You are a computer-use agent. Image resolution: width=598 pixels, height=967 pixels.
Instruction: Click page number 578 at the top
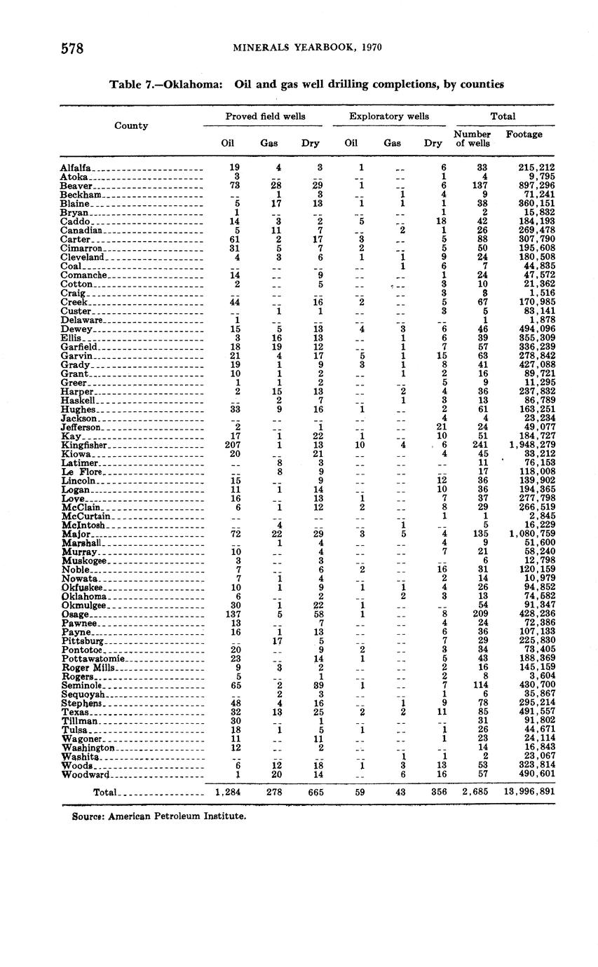72,48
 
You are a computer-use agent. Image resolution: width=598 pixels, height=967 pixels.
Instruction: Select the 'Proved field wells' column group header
265,116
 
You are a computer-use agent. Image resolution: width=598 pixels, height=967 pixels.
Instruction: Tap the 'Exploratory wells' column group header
389,116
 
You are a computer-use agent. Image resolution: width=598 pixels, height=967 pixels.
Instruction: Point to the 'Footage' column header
524,134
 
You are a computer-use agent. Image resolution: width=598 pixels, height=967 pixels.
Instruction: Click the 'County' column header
131,125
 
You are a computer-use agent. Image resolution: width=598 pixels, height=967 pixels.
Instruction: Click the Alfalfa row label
76,168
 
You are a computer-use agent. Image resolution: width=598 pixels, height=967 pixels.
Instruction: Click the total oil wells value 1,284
228,792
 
